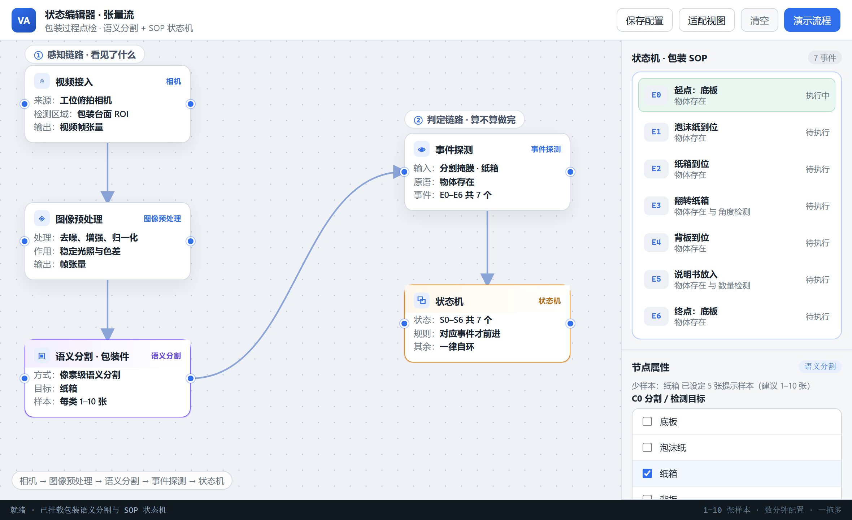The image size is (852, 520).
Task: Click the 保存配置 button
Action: point(644,20)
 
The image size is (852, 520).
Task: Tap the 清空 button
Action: point(759,20)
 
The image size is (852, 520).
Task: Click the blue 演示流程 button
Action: point(812,20)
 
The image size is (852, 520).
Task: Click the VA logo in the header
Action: point(24,20)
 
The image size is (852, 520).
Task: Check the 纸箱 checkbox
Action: point(647,473)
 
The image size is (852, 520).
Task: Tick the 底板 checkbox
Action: point(647,421)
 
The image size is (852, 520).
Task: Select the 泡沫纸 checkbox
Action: point(647,447)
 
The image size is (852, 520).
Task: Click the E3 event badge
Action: point(656,205)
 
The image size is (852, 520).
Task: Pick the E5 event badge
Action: point(656,279)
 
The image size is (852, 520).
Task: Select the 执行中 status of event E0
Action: point(817,95)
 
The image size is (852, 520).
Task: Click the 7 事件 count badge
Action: point(825,58)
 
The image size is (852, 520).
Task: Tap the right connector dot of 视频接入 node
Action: point(191,104)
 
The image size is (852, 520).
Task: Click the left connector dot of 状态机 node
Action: point(404,323)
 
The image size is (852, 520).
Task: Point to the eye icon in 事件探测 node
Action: point(421,149)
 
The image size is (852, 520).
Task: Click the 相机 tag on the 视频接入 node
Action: point(173,82)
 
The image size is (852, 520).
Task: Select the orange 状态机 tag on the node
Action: point(549,301)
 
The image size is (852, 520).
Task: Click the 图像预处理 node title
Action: point(79,219)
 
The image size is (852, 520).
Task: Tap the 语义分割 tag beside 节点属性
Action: point(820,367)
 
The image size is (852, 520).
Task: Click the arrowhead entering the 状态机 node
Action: point(487,279)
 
